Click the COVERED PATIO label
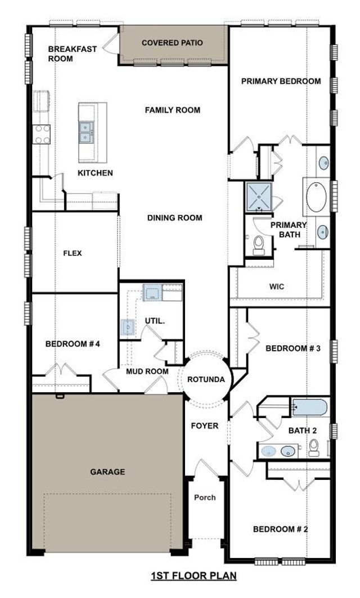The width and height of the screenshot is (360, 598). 172,43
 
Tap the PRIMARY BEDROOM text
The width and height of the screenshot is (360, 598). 281,81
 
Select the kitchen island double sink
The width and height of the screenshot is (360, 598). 86,133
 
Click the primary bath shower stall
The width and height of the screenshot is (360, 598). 258,196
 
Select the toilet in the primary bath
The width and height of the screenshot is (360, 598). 259,245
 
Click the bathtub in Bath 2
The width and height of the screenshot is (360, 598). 309,407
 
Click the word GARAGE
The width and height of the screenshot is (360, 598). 107,471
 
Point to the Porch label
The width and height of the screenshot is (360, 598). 205,497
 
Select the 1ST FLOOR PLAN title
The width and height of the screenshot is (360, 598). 193,575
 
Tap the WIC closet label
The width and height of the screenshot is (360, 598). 277,286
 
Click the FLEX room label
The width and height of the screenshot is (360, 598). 73,253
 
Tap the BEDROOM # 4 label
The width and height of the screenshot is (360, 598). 73,344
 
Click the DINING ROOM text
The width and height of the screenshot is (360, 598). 175,218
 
